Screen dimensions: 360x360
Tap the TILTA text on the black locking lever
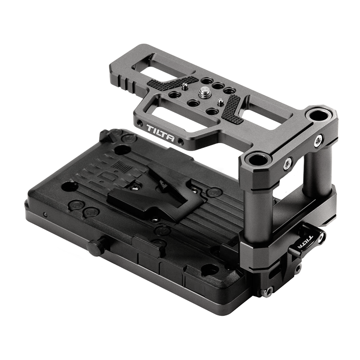pos(304,243)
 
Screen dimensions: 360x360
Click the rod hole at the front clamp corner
pos(253,159)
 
